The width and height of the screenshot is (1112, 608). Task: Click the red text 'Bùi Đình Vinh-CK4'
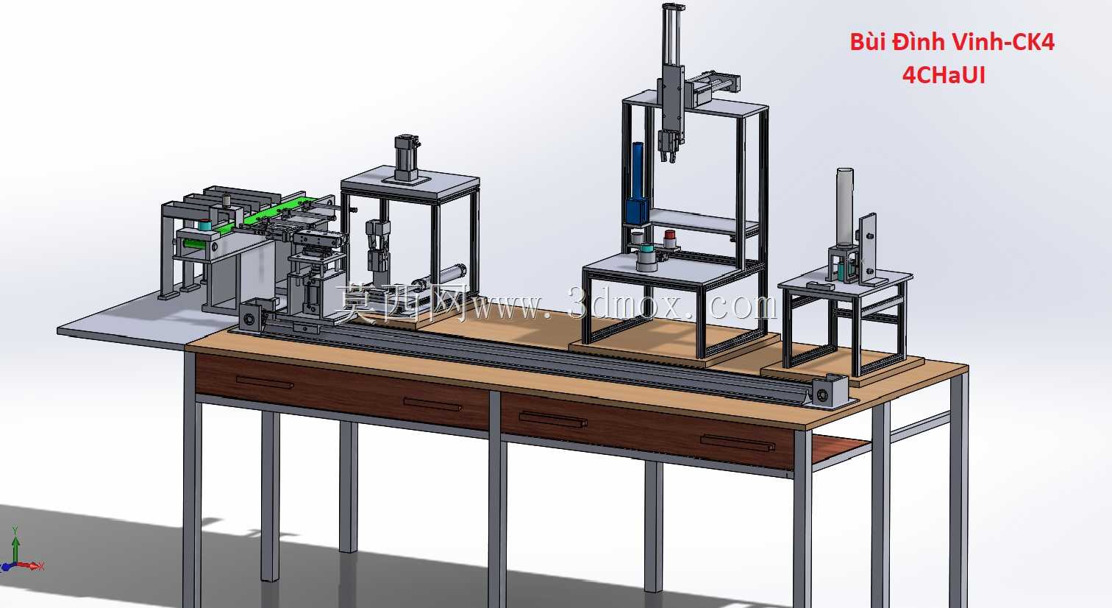point(952,42)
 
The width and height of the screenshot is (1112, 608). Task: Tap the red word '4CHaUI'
point(944,76)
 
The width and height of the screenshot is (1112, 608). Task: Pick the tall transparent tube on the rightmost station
point(845,207)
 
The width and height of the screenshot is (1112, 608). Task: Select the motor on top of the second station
point(407,158)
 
